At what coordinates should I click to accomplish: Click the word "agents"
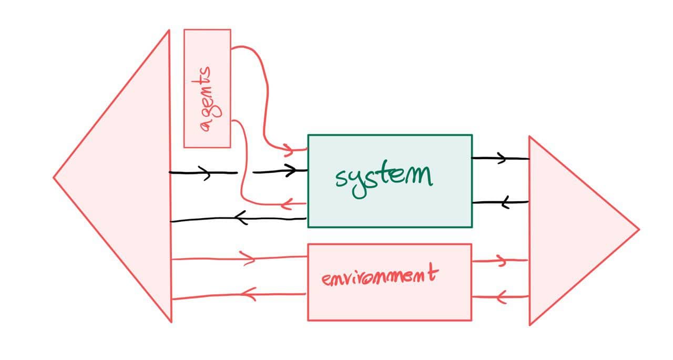(208, 98)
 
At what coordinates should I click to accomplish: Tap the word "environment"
(379, 276)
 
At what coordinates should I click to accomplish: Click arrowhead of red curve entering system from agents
(289, 150)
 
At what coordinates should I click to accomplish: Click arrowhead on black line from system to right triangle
(502, 158)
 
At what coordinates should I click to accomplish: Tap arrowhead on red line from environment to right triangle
(502, 260)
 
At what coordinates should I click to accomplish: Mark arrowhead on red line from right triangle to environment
(501, 297)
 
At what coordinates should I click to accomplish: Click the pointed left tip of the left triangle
(54, 178)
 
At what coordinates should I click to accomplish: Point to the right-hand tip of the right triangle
(638, 230)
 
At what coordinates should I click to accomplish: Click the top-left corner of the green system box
(308, 136)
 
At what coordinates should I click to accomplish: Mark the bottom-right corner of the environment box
(471, 320)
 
